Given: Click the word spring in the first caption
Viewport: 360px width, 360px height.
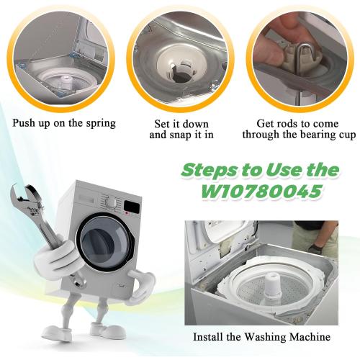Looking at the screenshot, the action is (101, 124).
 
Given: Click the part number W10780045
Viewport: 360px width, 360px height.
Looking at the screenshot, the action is (261, 191).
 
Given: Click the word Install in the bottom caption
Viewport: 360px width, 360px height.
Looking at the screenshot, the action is (209, 336).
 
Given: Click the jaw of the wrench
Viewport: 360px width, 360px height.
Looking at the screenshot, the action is (23, 193).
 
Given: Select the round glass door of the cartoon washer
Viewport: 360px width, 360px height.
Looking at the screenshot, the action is (105, 241).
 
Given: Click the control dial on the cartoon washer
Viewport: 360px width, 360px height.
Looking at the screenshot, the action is (112, 203).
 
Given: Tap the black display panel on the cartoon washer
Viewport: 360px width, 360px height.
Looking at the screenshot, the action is (132, 207).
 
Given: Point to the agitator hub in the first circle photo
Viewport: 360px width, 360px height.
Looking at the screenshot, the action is (66, 81).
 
